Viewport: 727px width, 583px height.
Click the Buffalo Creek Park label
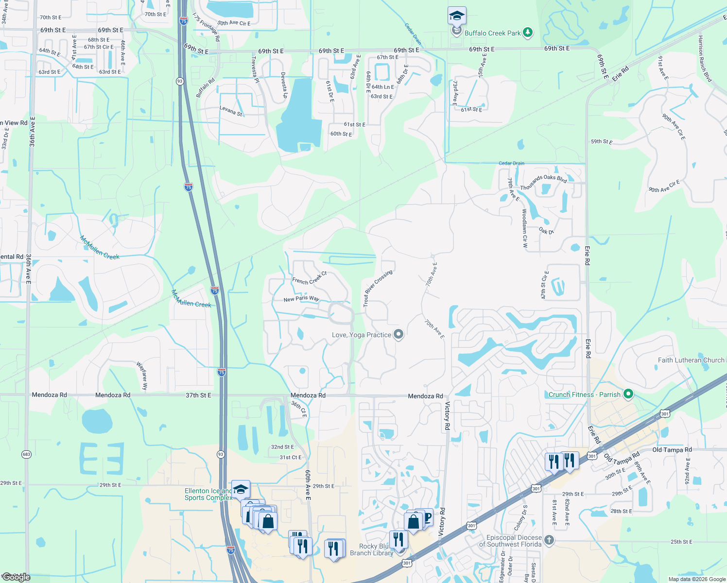pyautogui.click(x=492, y=33)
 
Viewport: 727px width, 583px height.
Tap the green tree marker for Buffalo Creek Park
pyautogui.click(x=527, y=33)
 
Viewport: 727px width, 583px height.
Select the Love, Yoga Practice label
pyautogui.click(x=361, y=335)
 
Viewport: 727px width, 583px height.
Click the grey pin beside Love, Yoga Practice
pyautogui.click(x=398, y=334)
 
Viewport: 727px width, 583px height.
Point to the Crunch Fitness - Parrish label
pyautogui.click(x=584, y=394)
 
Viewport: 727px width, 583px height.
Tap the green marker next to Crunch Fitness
pyautogui.click(x=628, y=394)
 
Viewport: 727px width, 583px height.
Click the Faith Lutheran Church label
pyautogui.click(x=691, y=360)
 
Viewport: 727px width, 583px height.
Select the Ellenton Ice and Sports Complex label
pyautogui.click(x=208, y=494)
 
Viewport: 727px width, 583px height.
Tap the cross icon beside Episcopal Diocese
pyautogui.click(x=549, y=540)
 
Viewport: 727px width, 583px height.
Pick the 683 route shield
pyautogui.click(x=26, y=454)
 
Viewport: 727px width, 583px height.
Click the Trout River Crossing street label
pyautogui.click(x=377, y=288)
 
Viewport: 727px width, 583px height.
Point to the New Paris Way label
pyautogui.click(x=301, y=299)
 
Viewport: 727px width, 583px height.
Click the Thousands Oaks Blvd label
pyautogui.click(x=543, y=182)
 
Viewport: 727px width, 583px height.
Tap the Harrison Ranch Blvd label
pyautogui.click(x=705, y=59)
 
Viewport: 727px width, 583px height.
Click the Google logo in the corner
pyautogui.click(x=16, y=577)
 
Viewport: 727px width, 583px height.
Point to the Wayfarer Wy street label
pyautogui.click(x=141, y=376)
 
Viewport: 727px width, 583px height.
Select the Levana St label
pyautogui.click(x=231, y=111)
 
